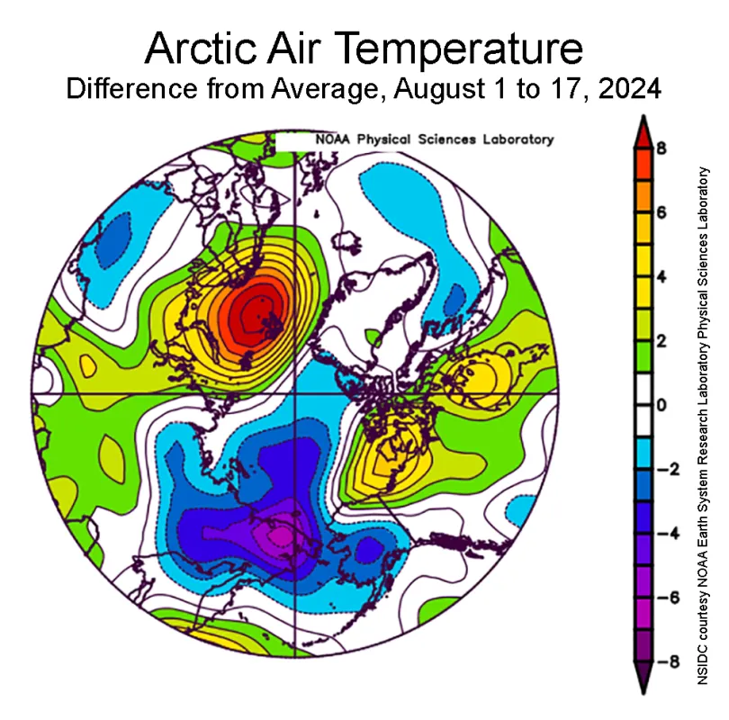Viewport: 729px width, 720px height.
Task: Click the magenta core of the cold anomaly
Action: tap(280, 536)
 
